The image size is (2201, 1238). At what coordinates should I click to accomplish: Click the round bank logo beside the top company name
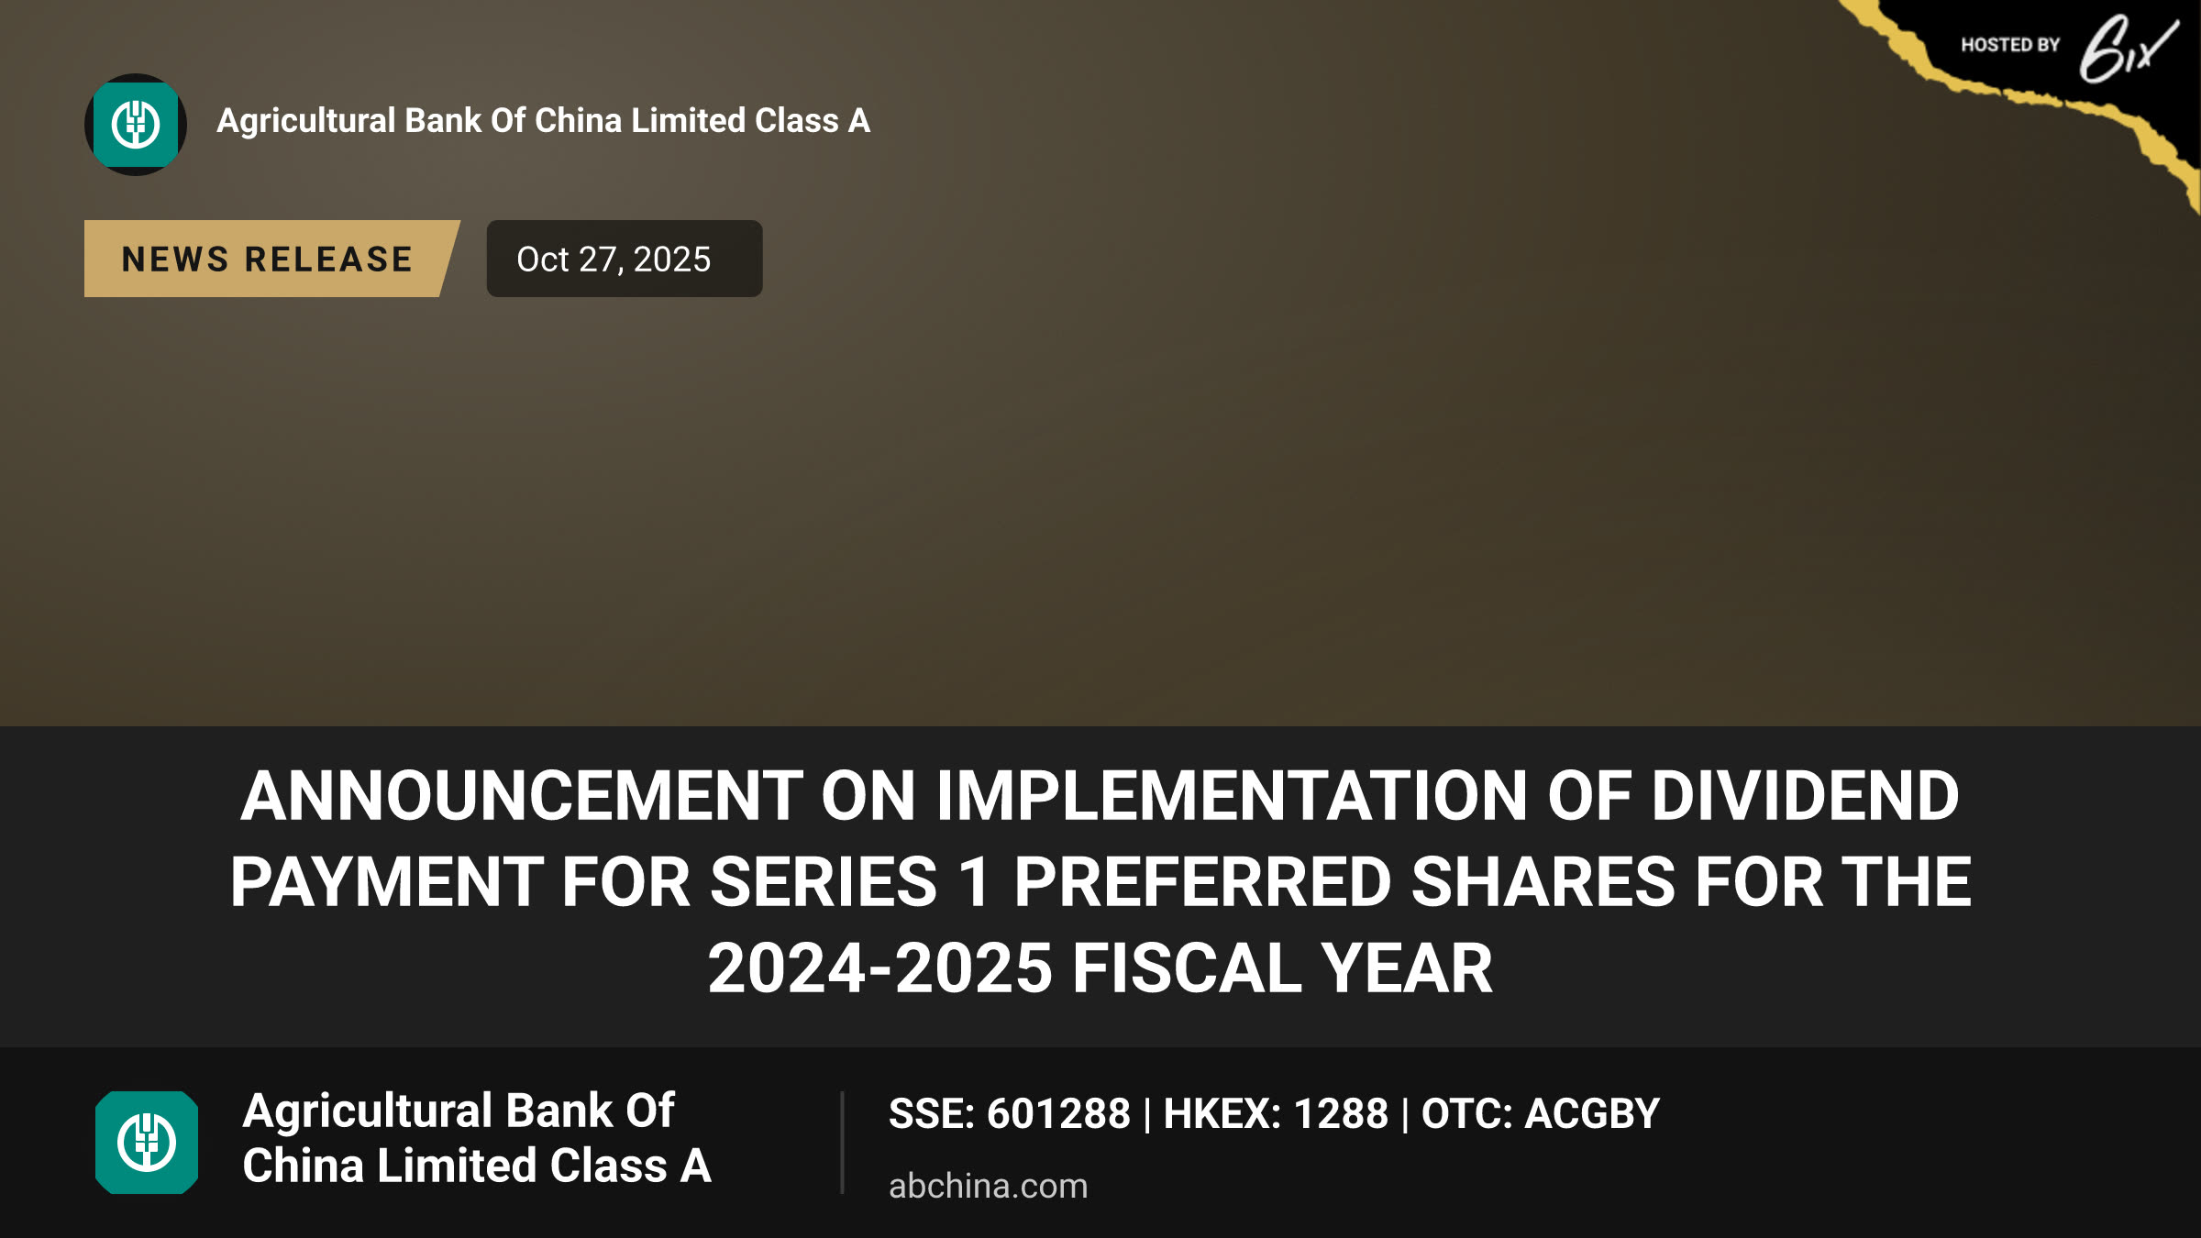click(136, 125)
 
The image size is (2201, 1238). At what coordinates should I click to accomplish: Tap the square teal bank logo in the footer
click(147, 1143)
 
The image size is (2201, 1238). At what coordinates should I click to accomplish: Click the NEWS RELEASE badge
click(271, 259)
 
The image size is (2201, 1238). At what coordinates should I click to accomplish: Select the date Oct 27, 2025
click(614, 260)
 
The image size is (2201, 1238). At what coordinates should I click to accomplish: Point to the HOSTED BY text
click(2010, 45)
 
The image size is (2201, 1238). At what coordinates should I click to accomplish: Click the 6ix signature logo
click(2128, 50)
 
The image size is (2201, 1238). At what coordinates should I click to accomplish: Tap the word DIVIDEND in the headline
click(1806, 795)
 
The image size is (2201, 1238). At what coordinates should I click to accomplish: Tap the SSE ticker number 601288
click(1058, 1114)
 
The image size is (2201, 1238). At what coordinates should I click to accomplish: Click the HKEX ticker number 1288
click(1341, 1114)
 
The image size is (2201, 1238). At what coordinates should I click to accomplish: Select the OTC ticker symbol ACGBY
click(1592, 1114)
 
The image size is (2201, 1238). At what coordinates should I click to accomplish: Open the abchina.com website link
click(989, 1186)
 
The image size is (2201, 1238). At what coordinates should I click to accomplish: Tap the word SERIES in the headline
click(824, 882)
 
